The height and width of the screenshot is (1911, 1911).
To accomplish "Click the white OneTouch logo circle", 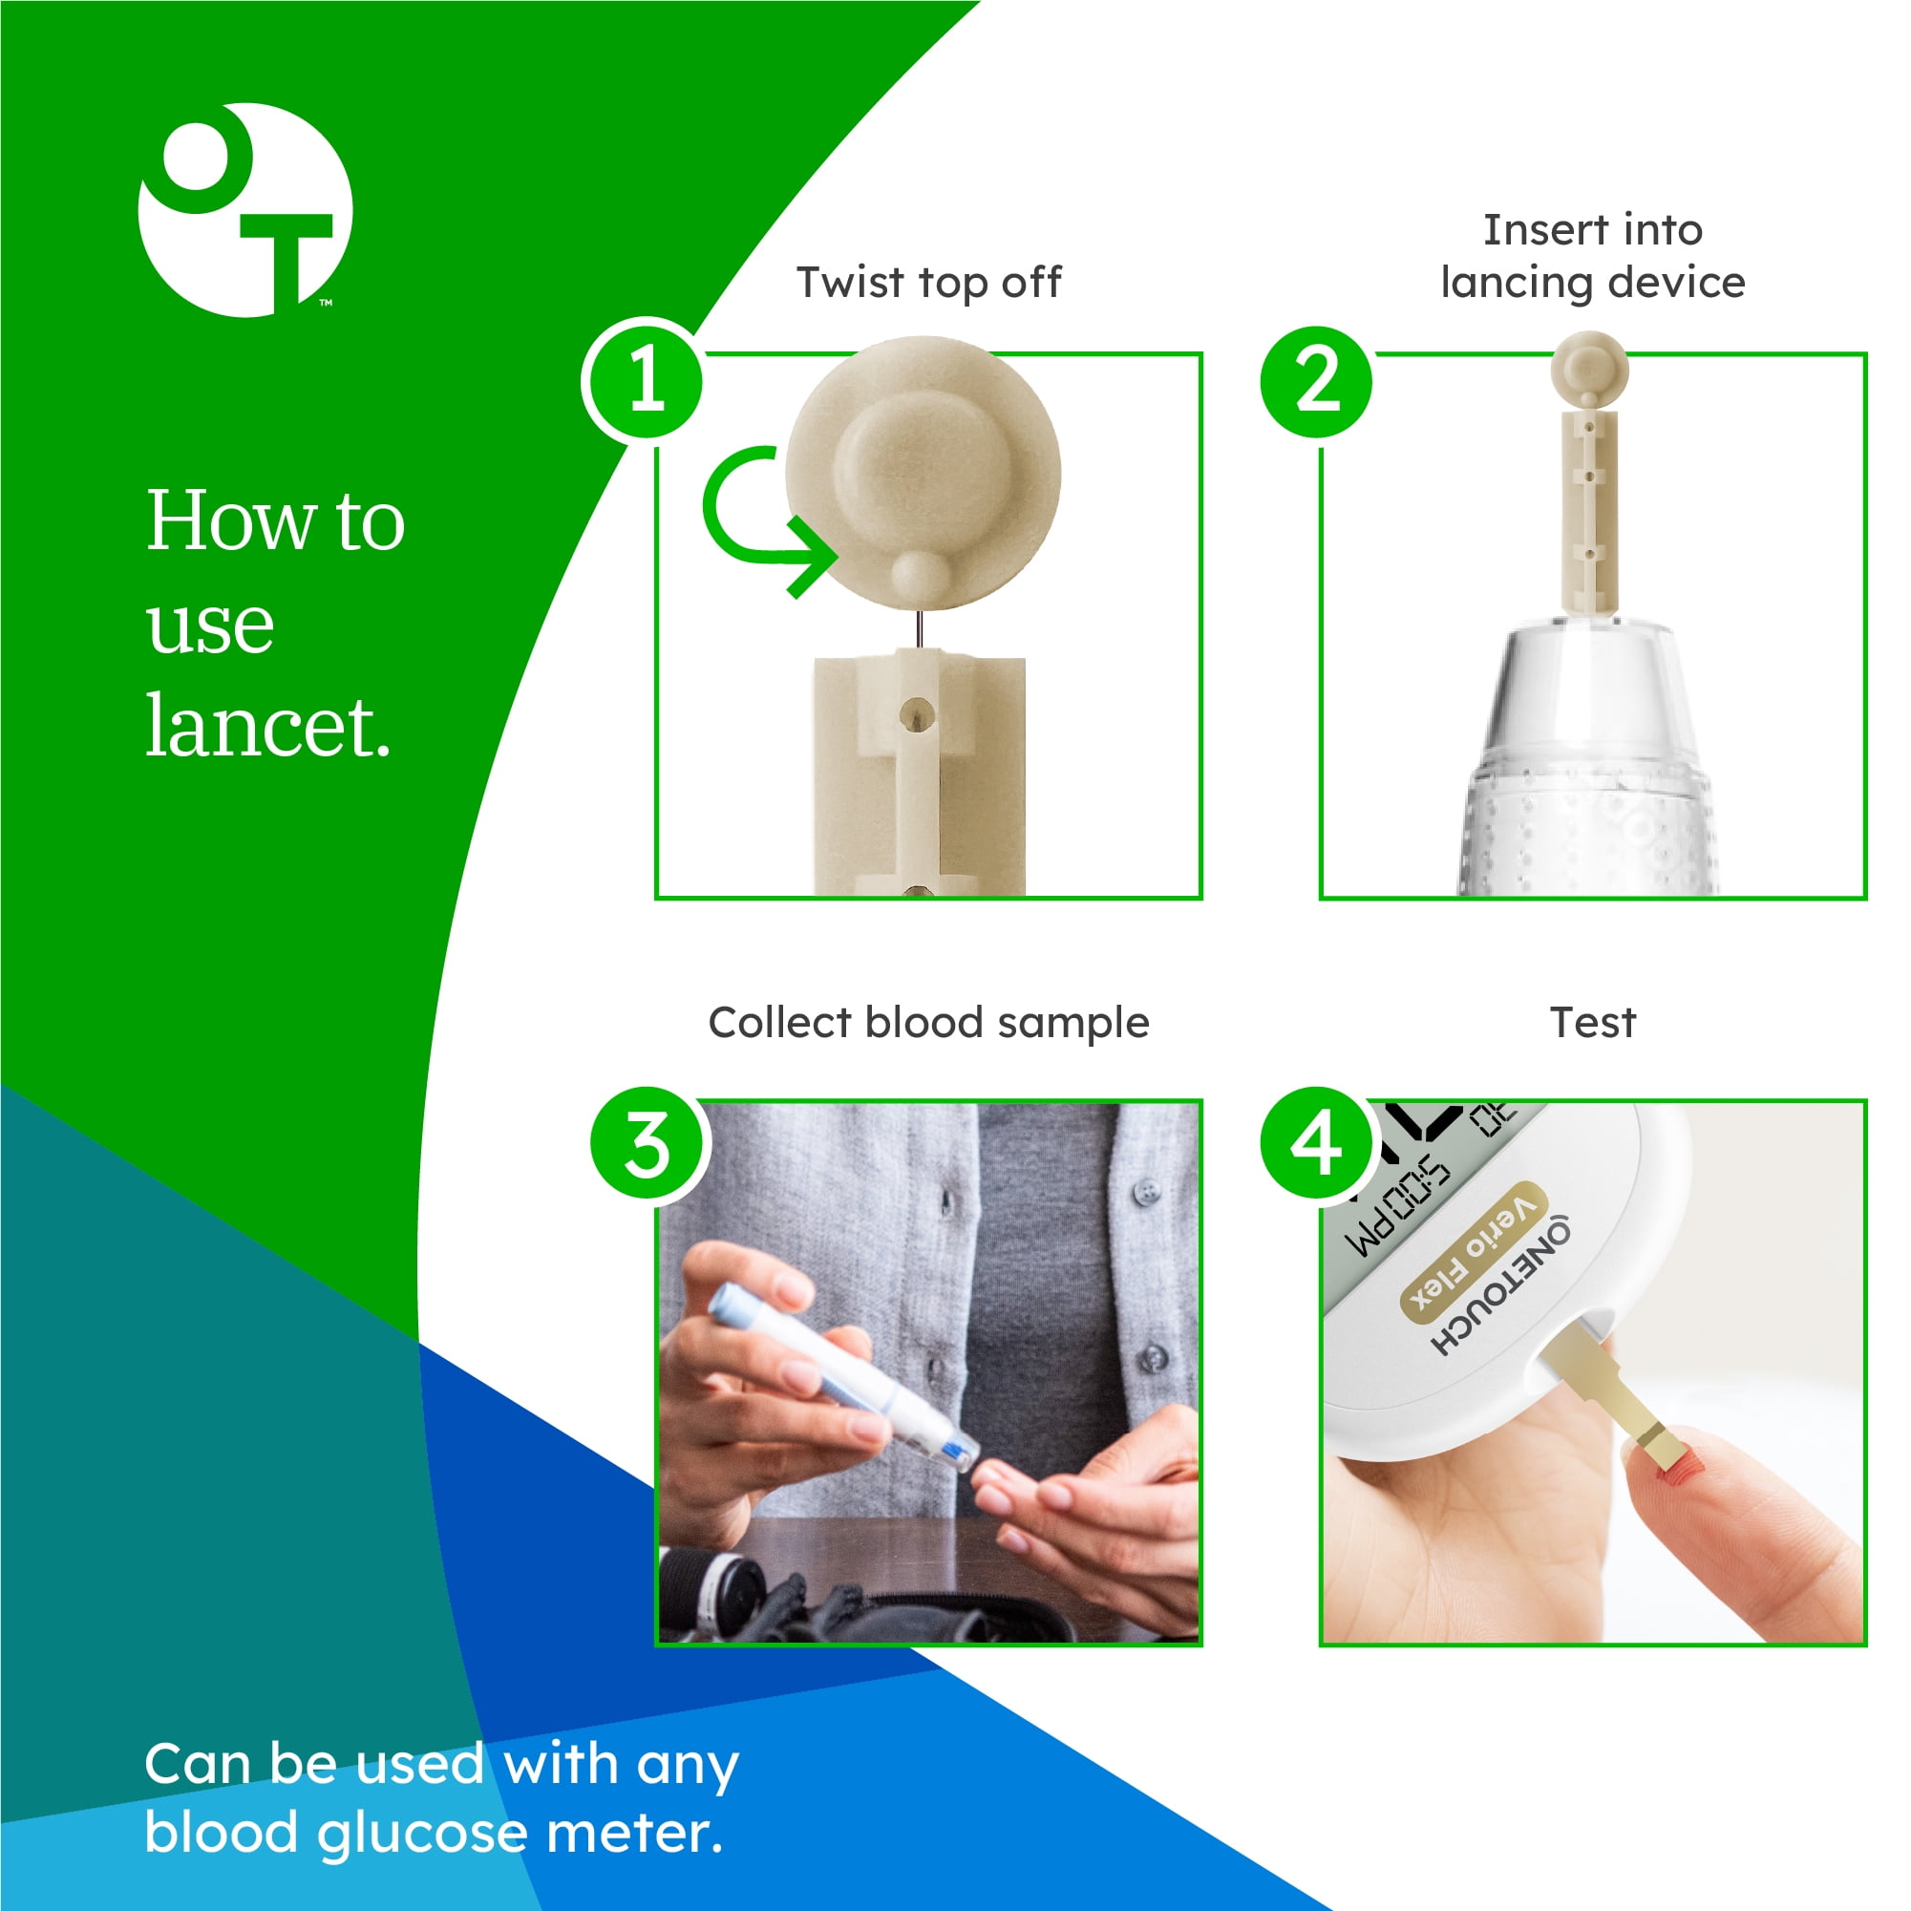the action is tap(245, 211).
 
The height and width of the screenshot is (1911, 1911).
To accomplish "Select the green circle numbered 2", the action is tap(1317, 382).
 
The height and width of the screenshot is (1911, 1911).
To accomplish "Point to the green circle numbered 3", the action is tap(648, 1143).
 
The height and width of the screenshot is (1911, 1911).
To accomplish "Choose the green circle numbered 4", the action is tap(1317, 1143).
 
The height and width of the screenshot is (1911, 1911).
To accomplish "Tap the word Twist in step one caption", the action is tap(852, 283).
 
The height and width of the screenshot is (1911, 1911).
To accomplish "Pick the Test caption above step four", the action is tap(1593, 1022).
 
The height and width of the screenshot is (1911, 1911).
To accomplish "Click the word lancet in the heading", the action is tap(269, 726).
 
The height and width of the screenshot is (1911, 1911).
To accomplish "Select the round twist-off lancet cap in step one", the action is tap(923, 474).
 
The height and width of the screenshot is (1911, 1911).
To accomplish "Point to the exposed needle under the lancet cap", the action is tap(920, 630).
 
